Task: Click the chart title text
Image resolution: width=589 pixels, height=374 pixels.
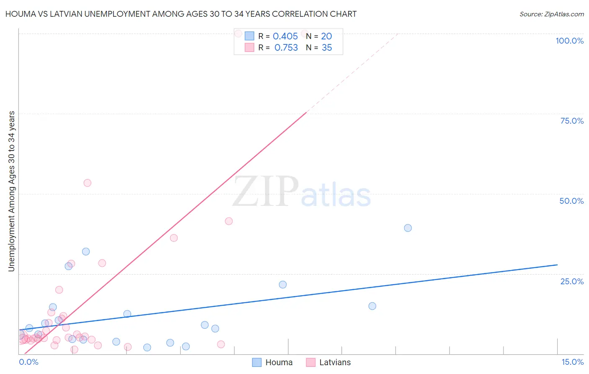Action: pos(181,14)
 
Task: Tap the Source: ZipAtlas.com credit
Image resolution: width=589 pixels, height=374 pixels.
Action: pos(551,14)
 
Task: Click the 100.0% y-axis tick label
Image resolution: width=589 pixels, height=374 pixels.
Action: pos(569,41)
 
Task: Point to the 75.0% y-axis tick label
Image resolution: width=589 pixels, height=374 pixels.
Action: pos(572,121)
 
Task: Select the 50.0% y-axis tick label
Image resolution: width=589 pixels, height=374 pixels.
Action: pos(571,201)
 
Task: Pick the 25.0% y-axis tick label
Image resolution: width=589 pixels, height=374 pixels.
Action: pos(572,281)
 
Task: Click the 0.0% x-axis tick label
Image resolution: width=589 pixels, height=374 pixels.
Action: pos(28,362)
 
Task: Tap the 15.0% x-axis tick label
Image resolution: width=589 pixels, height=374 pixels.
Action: pos(572,362)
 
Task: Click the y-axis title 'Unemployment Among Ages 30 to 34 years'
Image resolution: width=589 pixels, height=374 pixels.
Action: pos(12,191)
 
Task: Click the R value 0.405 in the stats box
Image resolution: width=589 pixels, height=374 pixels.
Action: pos(285,36)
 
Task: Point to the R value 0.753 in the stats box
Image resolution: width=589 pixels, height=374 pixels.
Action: pos(286,48)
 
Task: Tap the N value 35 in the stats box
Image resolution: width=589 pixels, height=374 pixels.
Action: pos(327,48)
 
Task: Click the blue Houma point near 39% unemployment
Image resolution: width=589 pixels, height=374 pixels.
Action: pos(408,228)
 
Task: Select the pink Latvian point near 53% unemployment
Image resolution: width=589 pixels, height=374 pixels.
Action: pos(87,183)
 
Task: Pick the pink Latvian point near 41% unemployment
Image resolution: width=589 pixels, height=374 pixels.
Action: pos(229,221)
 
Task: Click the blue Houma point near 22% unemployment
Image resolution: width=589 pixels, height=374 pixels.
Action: pos(283,285)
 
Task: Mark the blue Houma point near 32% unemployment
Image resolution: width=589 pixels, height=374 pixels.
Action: pos(86,252)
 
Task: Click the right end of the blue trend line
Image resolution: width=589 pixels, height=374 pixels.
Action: pos(557,265)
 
